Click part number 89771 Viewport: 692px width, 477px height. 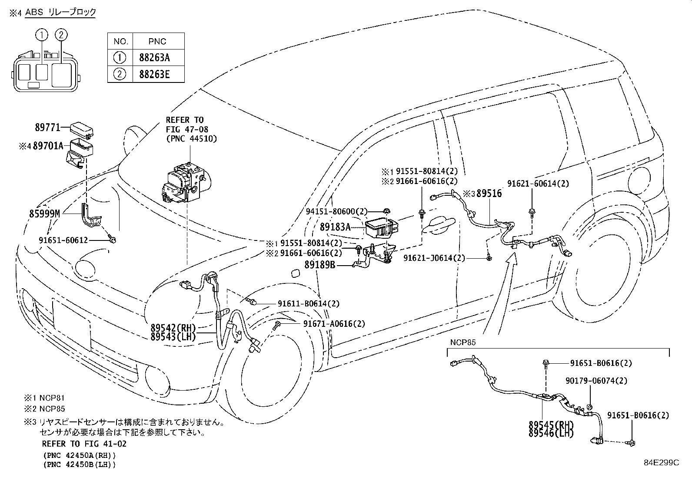point(47,127)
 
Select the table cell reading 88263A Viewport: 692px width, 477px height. point(154,58)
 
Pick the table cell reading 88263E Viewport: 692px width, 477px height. point(154,74)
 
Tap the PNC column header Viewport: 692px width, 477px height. point(157,41)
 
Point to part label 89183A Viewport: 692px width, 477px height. point(335,227)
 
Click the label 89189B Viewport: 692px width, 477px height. point(320,265)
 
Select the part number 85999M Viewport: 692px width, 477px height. point(44,214)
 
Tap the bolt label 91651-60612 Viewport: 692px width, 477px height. point(63,240)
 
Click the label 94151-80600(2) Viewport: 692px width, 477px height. point(337,211)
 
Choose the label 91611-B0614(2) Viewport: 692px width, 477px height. point(309,303)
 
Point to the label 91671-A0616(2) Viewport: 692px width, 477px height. point(334,324)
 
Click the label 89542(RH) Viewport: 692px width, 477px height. point(173,328)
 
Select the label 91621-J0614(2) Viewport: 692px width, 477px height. point(434,258)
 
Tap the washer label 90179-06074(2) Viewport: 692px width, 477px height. point(596,381)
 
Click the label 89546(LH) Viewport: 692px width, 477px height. point(551,433)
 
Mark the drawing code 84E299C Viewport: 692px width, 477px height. point(662,463)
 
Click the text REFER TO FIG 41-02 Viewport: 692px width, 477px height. point(84,444)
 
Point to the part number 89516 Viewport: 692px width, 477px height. point(489,194)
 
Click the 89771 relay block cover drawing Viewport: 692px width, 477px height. point(82,129)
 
